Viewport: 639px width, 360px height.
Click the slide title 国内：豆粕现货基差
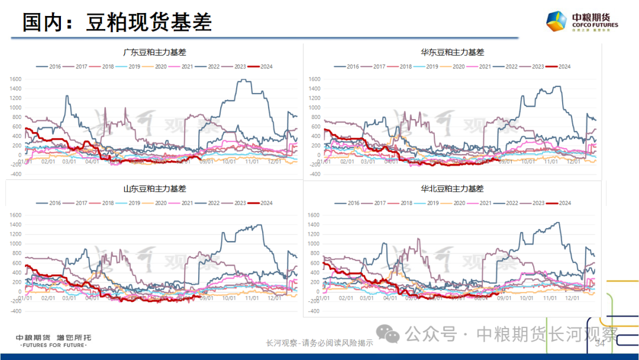coord(117,22)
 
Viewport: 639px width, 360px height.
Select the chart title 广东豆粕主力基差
coord(154,52)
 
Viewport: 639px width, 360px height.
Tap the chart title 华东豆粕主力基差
coord(452,52)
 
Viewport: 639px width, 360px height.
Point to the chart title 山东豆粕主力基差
coord(154,189)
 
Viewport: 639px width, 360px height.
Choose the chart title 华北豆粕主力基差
coord(452,189)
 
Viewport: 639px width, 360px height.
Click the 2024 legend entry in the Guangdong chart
coord(263,66)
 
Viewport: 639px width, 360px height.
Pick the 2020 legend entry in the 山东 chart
coord(157,203)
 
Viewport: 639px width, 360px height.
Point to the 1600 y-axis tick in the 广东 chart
coord(15,79)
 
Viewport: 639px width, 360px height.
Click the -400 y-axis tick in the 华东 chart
coord(314,175)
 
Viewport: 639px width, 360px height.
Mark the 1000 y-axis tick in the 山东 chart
coord(15,244)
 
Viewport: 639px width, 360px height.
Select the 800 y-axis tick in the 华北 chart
coord(314,253)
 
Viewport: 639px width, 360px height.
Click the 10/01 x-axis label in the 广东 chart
coord(229,161)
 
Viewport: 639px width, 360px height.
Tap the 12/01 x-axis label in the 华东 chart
coord(573,161)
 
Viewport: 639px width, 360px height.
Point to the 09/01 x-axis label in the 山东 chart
coord(206,298)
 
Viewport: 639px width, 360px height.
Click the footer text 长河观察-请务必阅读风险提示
coord(319,343)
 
